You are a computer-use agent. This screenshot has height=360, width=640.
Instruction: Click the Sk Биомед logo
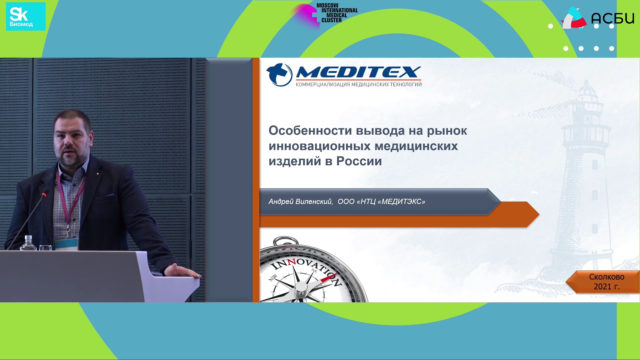[x=26, y=16]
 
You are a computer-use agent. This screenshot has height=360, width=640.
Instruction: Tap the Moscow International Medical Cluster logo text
[x=337, y=13]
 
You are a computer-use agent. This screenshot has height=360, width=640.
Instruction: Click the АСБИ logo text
[x=613, y=18]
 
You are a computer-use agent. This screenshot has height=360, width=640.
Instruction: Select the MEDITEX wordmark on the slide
[x=359, y=72]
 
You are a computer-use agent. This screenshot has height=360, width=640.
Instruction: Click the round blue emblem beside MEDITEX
[x=279, y=75]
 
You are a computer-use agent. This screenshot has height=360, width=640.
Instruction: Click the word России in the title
[x=359, y=161]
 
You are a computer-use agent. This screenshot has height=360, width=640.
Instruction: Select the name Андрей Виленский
[x=300, y=202]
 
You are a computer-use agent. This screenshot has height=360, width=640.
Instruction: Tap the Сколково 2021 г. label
[x=606, y=282]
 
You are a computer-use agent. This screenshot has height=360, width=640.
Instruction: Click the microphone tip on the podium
[x=44, y=194]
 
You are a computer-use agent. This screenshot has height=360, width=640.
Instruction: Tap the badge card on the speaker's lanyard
[x=66, y=243]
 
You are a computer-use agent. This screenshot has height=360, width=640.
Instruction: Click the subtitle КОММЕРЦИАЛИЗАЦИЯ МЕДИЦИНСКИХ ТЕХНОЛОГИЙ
[x=359, y=85]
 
